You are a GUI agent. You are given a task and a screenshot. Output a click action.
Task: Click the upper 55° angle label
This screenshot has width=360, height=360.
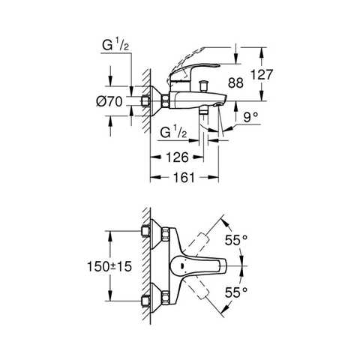237,240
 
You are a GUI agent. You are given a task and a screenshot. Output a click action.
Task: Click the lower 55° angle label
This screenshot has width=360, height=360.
237,294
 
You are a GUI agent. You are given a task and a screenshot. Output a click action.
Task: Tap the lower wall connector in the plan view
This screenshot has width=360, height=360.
147,301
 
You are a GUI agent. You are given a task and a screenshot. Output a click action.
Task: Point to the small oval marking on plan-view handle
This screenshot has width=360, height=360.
178,266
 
